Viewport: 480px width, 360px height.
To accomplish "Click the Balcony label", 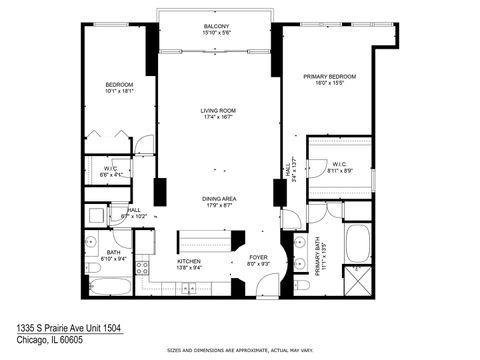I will pyautogui.click(x=216, y=26).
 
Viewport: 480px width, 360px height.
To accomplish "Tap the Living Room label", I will pyautogui.click(x=216, y=112).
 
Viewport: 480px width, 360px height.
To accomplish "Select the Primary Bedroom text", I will pyautogui.click(x=330, y=76).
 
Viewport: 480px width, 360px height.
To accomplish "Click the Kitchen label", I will pyautogui.click(x=190, y=262).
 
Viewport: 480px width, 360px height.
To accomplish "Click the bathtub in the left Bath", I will pyautogui.click(x=109, y=286).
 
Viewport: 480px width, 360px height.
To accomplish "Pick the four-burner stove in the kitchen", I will pyautogui.click(x=142, y=267).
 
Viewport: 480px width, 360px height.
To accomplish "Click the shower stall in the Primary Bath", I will pyautogui.click(x=357, y=280).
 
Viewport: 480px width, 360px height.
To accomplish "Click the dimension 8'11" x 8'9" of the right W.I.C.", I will pyautogui.click(x=339, y=171).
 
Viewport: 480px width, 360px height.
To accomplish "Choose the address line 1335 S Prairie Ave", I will pyautogui.click(x=68, y=327).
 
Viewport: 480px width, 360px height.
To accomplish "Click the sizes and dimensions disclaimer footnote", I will pyautogui.click(x=239, y=351).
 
